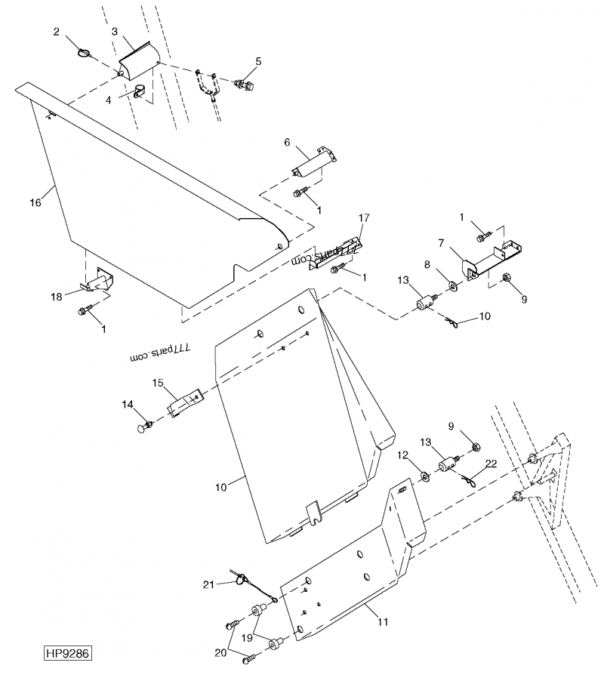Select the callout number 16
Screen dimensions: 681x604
pos(35,202)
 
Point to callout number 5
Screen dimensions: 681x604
pos(258,60)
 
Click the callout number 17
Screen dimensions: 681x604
pos(364,218)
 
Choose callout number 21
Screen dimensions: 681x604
pos(208,583)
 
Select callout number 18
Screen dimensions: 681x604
pos(57,297)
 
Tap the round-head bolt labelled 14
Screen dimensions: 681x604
pos(143,429)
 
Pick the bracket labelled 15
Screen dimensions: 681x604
pos(185,403)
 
